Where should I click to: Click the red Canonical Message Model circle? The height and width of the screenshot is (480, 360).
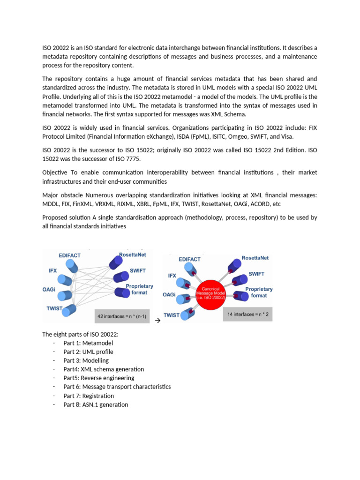point(211,294)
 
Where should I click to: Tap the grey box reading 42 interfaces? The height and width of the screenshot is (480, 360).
point(121,316)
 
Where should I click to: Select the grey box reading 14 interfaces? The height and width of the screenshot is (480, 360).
point(247,314)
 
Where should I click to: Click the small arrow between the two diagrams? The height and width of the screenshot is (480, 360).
point(157,321)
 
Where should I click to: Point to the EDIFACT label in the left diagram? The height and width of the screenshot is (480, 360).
point(69,255)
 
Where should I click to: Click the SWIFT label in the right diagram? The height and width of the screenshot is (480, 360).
point(256,274)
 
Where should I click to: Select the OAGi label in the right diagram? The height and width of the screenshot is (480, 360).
point(169,295)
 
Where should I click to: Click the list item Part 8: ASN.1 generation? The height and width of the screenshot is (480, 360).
point(96,405)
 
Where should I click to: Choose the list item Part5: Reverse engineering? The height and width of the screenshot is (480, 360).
point(99,378)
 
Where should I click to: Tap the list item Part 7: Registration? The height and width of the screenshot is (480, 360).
point(89,396)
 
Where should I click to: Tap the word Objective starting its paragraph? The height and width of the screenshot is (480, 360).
point(55,172)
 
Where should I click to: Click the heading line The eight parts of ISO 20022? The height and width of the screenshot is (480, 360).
point(81,334)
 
